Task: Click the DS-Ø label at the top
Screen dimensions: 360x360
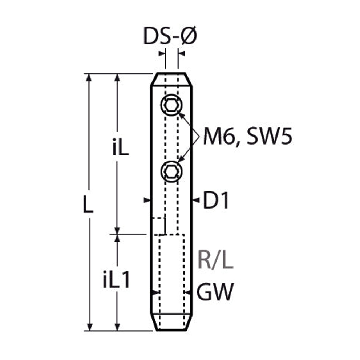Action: [x=170, y=36]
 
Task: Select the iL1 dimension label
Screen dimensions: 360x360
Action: [x=116, y=279]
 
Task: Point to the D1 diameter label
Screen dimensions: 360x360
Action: [x=216, y=200]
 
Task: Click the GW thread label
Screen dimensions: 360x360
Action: [x=215, y=292]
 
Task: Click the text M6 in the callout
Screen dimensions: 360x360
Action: [x=220, y=136]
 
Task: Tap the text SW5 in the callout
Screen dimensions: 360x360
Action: [x=270, y=136]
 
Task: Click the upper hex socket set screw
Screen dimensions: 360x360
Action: [x=171, y=105]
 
